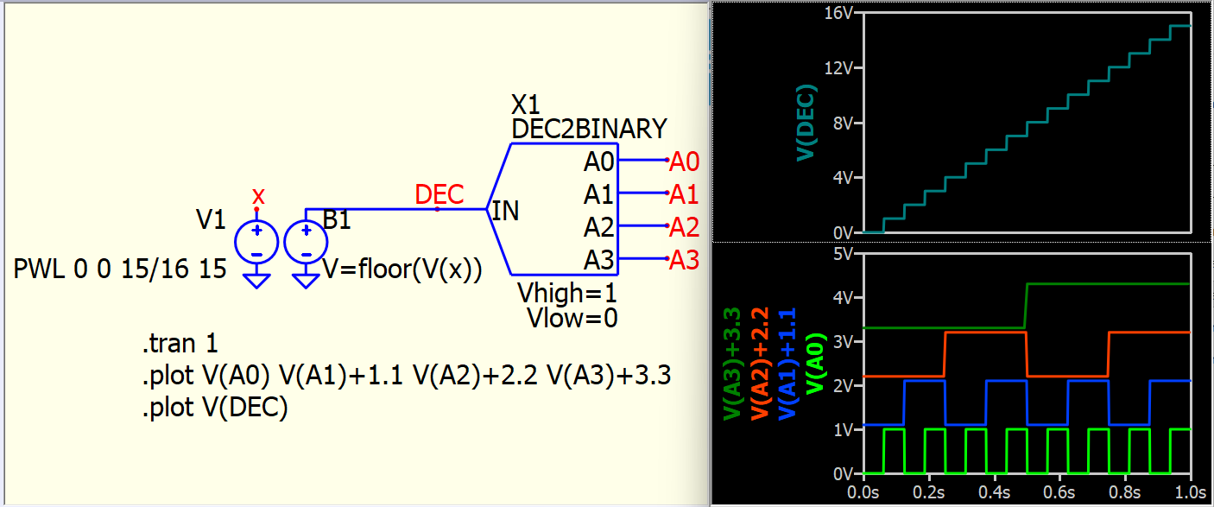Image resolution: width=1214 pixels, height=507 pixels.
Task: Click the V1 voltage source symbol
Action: (256, 242)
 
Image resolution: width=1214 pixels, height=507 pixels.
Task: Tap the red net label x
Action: (257, 196)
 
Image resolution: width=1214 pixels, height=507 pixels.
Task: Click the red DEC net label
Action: (439, 194)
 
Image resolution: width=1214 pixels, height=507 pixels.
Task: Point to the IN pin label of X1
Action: (505, 211)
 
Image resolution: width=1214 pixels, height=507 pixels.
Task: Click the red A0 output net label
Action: (684, 162)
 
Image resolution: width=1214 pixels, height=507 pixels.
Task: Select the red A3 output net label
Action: (684, 260)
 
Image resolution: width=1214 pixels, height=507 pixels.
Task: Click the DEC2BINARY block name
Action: (589, 130)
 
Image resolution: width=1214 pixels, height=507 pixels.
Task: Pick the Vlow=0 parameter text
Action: (572, 318)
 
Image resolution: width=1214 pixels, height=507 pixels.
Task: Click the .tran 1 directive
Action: (180, 345)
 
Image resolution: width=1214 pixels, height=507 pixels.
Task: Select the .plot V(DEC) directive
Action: (214, 408)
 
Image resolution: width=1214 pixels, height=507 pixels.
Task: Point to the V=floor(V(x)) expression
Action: (402, 269)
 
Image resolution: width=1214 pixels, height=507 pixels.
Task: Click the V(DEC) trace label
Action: (806, 122)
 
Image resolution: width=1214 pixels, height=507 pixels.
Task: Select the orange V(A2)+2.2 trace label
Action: (760, 364)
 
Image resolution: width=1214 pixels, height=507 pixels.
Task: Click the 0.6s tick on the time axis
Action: (1059, 492)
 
